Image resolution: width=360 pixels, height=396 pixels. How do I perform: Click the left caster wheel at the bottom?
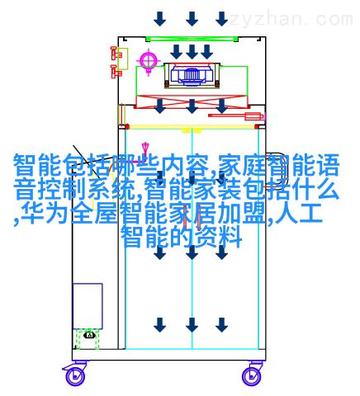pyautogui.click(x=75, y=375)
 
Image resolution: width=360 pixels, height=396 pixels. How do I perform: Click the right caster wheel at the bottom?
pyautogui.click(x=251, y=375)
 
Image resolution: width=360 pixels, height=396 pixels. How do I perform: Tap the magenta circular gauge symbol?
pyautogui.click(x=149, y=60)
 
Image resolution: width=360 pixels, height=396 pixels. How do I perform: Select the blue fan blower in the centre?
pyautogui.click(x=192, y=74)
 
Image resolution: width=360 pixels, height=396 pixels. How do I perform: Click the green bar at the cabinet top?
pyautogui.click(x=192, y=39)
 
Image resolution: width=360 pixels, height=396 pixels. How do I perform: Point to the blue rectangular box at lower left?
pyautogui.click(x=88, y=306)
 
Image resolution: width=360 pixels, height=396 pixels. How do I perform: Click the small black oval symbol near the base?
pyautogui.click(x=89, y=335)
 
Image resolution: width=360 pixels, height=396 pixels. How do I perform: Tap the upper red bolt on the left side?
pyautogui.click(x=116, y=54)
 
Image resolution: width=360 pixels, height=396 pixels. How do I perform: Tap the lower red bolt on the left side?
pyautogui.click(x=116, y=72)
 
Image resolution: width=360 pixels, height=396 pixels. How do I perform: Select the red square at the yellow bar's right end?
pyautogui.click(x=257, y=127)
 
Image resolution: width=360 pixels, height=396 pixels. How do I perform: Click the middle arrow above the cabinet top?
pyautogui.click(x=192, y=19)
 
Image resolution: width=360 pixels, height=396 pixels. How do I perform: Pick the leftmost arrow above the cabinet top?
pyautogui.click(x=160, y=19)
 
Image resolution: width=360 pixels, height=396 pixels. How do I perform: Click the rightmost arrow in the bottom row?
pyautogui.click(x=221, y=325)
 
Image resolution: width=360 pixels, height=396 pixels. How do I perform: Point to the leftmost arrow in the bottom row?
pyautogui.click(x=160, y=325)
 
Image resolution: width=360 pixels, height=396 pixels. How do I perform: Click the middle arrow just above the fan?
pyautogui.click(x=192, y=52)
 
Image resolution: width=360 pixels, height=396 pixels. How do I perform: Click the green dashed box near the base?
pyautogui.click(x=88, y=339)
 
